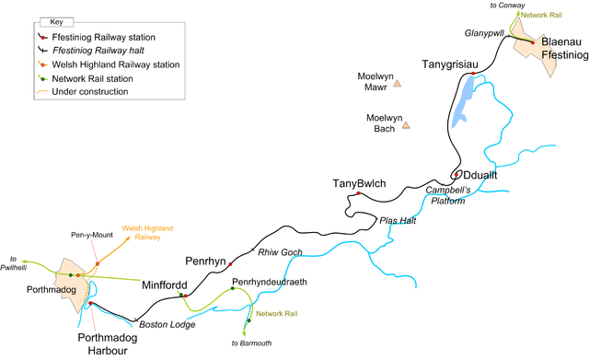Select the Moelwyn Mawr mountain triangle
point(398,84)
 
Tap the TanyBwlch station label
point(359,184)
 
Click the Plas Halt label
point(398,221)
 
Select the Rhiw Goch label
point(279,253)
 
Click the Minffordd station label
point(165,285)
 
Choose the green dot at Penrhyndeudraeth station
point(234,289)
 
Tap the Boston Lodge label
point(162,323)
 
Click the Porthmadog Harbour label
point(106,344)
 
